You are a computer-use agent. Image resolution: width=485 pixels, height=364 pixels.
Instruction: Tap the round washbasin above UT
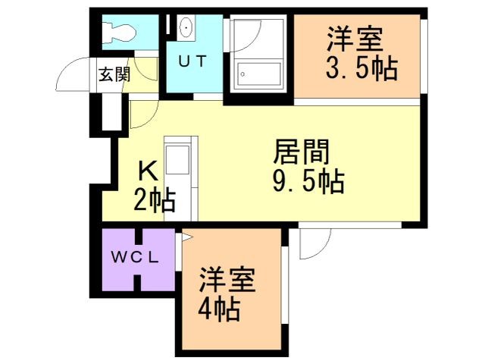(x=186, y=28)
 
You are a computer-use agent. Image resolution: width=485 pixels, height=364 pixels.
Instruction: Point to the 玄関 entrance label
(x=114, y=74)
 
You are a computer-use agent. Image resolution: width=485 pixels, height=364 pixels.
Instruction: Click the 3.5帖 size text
(x=361, y=69)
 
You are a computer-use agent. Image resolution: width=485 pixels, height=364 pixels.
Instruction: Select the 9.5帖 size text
(x=308, y=182)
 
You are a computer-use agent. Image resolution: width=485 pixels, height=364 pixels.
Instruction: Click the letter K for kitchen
(x=149, y=171)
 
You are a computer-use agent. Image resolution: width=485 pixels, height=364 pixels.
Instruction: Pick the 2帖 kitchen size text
(x=155, y=201)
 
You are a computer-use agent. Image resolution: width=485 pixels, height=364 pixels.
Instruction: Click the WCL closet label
(x=137, y=256)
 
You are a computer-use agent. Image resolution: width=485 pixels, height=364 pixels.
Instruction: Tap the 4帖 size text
(x=221, y=309)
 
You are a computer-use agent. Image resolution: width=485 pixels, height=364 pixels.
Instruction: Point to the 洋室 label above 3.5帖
(x=355, y=37)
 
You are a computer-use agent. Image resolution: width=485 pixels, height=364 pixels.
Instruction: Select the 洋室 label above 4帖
(x=227, y=280)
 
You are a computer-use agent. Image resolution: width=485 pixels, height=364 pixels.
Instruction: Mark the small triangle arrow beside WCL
(x=183, y=237)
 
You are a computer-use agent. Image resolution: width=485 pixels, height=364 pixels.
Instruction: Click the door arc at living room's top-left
(x=141, y=115)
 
